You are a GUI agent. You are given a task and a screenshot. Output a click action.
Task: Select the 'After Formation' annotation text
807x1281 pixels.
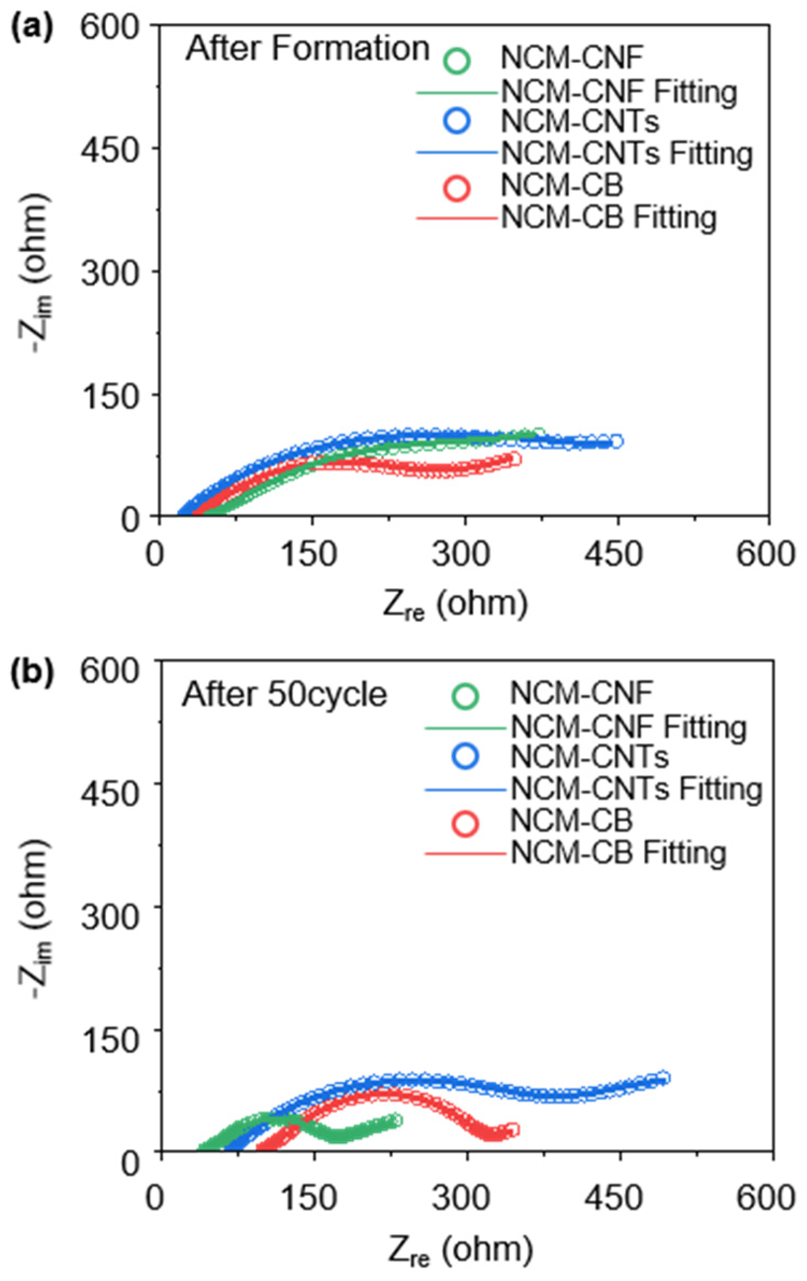click(307, 49)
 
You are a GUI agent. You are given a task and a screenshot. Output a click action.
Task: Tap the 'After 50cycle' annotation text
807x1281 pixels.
click(284, 695)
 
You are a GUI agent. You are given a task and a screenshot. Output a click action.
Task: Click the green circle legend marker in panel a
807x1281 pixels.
click(457, 60)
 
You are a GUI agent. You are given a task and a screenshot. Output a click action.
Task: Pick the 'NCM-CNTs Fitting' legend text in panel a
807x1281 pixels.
click(626, 154)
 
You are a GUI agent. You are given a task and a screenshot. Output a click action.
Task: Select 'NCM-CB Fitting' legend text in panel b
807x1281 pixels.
click(618, 853)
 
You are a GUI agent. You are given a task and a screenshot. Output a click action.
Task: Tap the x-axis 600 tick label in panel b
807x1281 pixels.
click(765, 1198)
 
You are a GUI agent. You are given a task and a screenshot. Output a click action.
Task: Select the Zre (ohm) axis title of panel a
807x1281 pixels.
click(456, 605)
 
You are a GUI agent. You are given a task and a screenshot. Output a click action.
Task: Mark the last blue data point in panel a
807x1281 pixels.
click(617, 441)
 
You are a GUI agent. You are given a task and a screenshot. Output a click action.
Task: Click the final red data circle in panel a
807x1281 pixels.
click(514, 458)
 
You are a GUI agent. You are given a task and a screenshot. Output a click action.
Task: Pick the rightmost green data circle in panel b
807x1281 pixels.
click(396, 1120)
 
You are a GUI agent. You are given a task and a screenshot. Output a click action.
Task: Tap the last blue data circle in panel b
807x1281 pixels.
click(664, 1078)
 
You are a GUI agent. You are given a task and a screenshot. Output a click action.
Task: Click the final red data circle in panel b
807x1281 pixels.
click(513, 1130)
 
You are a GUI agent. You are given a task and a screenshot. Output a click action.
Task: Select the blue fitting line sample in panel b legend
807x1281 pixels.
click(465, 790)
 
